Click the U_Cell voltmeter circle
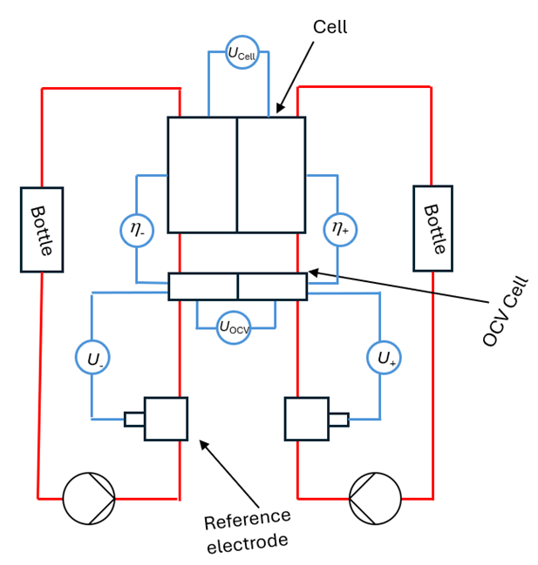(x=242, y=53)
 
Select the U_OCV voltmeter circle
(x=234, y=326)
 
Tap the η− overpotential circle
(x=137, y=230)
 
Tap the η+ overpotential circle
(x=339, y=230)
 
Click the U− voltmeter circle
(x=92, y=358)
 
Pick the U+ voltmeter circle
(x=385, y=357)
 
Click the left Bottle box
(x=42, y=230)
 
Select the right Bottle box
(x=432, y=228)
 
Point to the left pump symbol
(x=89, y=499)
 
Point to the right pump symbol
(x=375, y=499)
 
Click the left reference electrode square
(x=166, y=419)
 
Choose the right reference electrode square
(x=306, y=419)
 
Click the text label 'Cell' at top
(x=330, y=27)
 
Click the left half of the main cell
(x=202, y=174)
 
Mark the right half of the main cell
(x=271, y=174)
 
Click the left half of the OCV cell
(x=203, y=286)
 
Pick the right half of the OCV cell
(x=272, y=286)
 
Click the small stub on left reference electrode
(x=134, y=420)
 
